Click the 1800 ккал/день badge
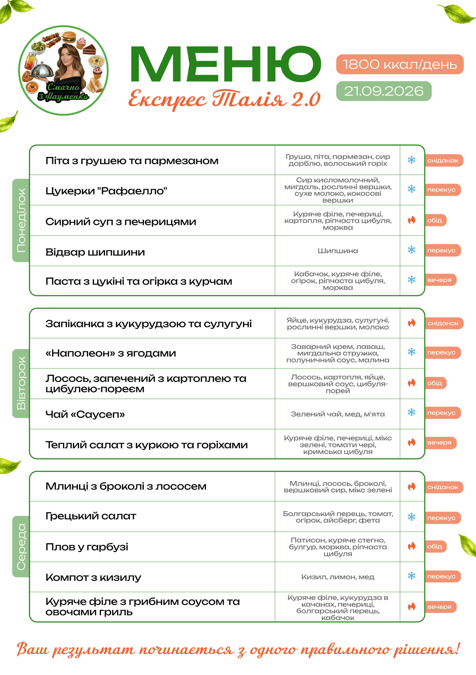tap(399, 64)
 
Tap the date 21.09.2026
tap(384, 91)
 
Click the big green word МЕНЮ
tap(226, 64)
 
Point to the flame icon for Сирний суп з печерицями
tap(412, 220)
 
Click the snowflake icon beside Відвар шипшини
tap(412, 250)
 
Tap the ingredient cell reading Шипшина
tap(338, 251)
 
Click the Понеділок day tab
tap(21, 220)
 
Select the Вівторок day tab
tap(21, 383)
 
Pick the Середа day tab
tap(21, 547)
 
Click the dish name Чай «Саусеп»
tap(85, 414)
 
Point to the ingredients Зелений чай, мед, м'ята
tap(338, 414)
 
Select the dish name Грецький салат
tap(91, 516)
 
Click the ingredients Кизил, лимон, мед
tap(338, 577)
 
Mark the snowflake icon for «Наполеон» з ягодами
tap(412, 352)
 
